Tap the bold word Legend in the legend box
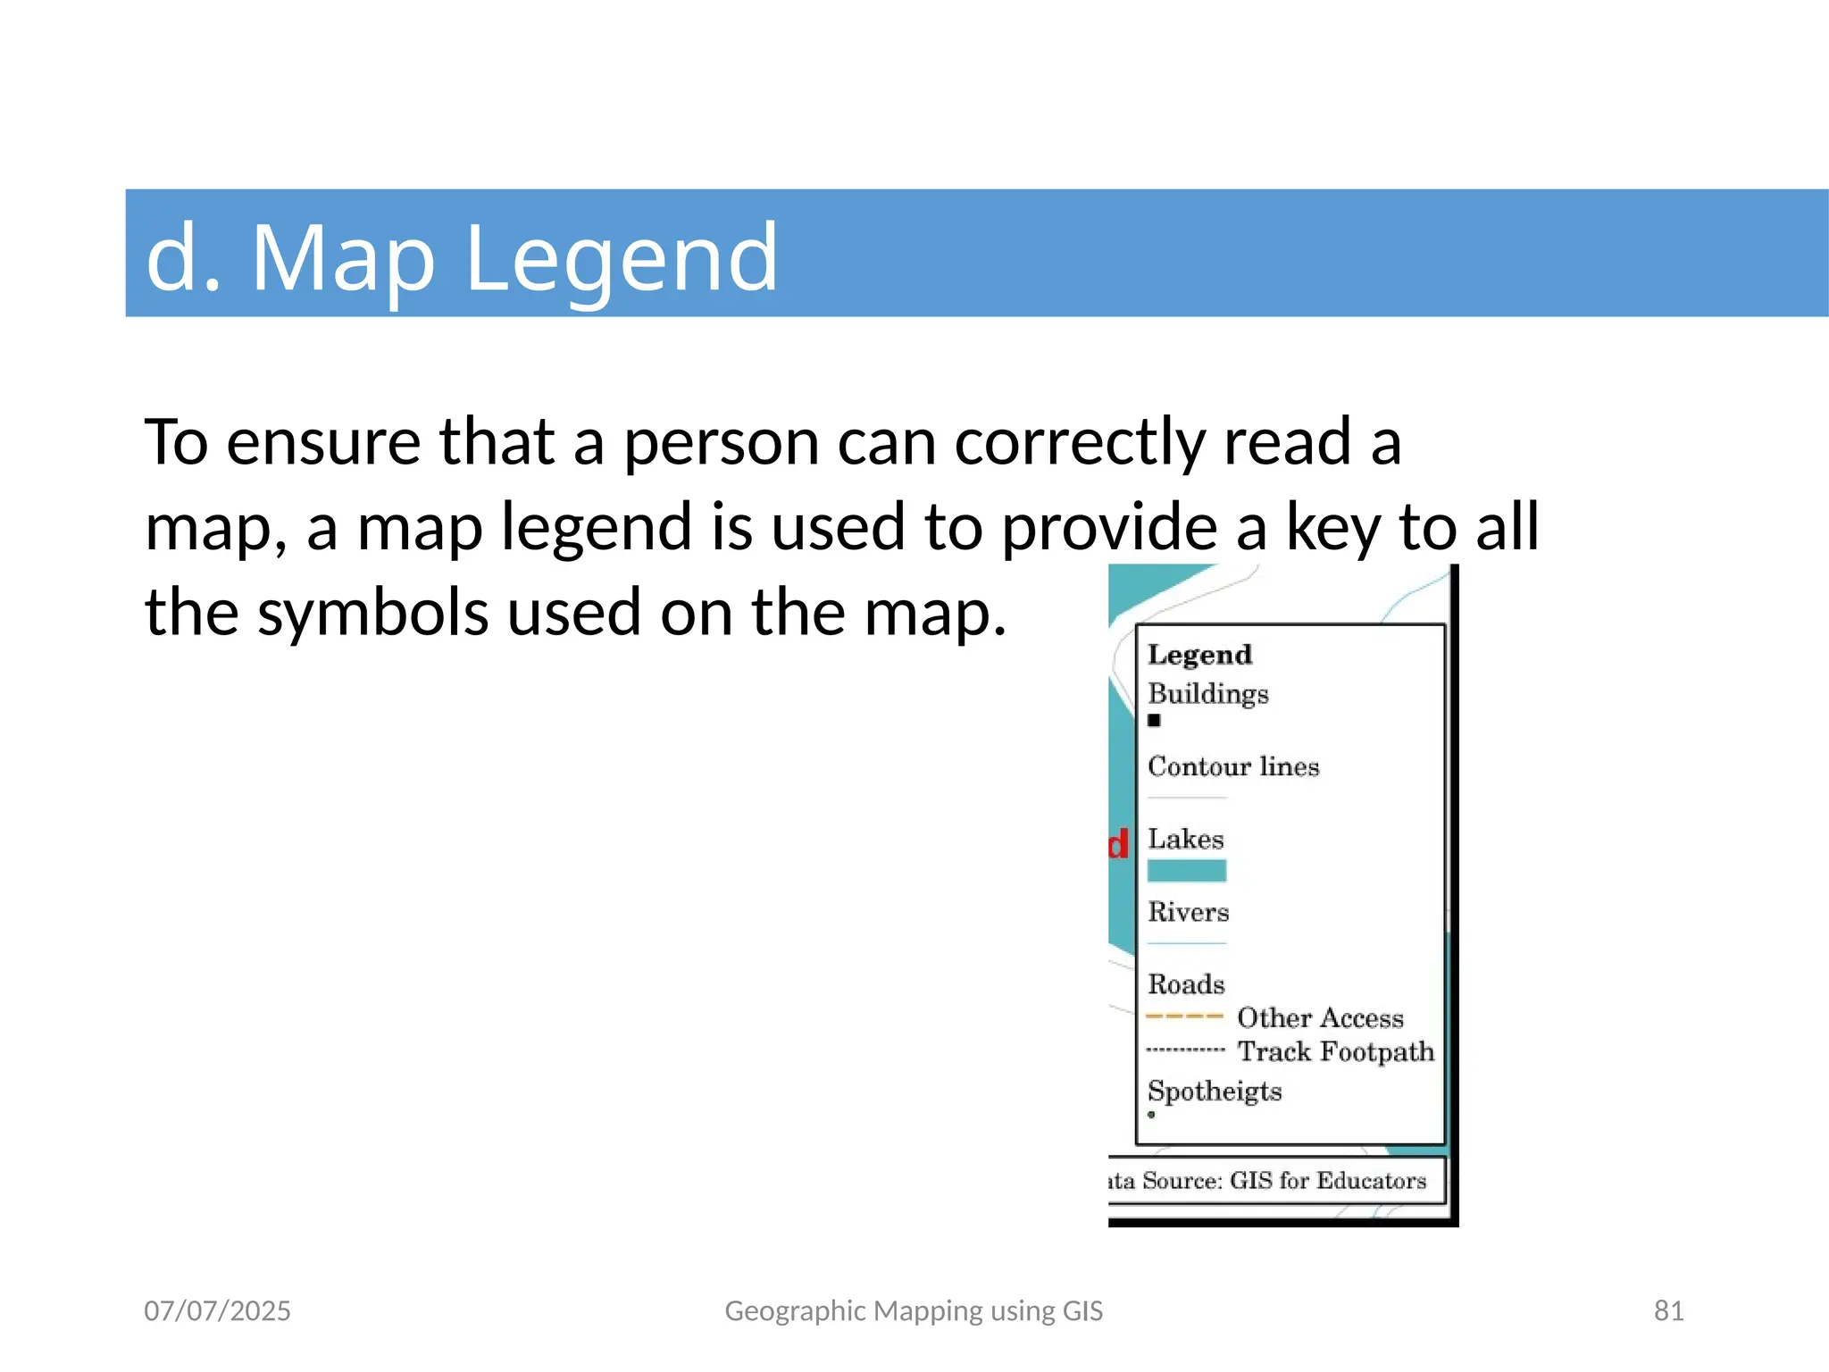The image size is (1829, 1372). click(1199, 655)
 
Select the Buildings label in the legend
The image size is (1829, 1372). click(1207, 694)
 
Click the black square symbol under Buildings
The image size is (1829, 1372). click(1154, 720)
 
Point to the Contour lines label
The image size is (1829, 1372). click(1232, 766)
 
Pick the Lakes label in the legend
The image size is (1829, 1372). click(1185, 840)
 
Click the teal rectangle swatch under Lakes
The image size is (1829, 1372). click(1186, 870)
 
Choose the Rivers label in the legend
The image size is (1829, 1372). click(1188, 912)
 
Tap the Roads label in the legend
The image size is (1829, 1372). click(1186, 984)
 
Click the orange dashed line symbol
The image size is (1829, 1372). click(1184, 1016)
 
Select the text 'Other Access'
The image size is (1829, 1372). click(1320, 1018)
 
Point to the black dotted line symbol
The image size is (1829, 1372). click(1185, 1050)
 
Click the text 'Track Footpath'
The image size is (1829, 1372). click(1335, 1052)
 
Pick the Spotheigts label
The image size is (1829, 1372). click(1214, 1092)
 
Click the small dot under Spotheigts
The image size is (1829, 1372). click(1151, 1115)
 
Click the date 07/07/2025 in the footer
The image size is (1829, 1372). click(217, 1310)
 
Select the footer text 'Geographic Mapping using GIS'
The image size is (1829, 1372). click(914, 1310)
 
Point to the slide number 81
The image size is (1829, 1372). click(1668, 1310)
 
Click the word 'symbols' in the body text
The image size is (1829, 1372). click(372, 613)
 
